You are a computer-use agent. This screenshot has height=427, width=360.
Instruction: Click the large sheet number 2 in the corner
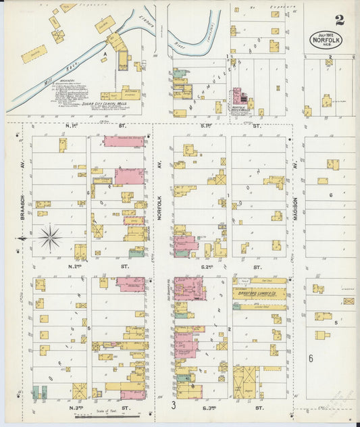pyautogui.click(x=339, y=20)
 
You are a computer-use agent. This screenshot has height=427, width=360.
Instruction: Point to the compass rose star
pyautogui.click(x=49, y=238)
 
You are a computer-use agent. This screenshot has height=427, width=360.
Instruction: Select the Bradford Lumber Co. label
pyautogui.click(x=260, y=295)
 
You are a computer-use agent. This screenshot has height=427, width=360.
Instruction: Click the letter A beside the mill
pyautogui.click(x=105, y=53)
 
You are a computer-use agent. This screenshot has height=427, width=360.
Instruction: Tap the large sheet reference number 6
pyautogui.click(x=311, y=359)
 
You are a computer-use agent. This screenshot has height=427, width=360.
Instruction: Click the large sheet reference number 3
pyautogui.click(x=174, y=405)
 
